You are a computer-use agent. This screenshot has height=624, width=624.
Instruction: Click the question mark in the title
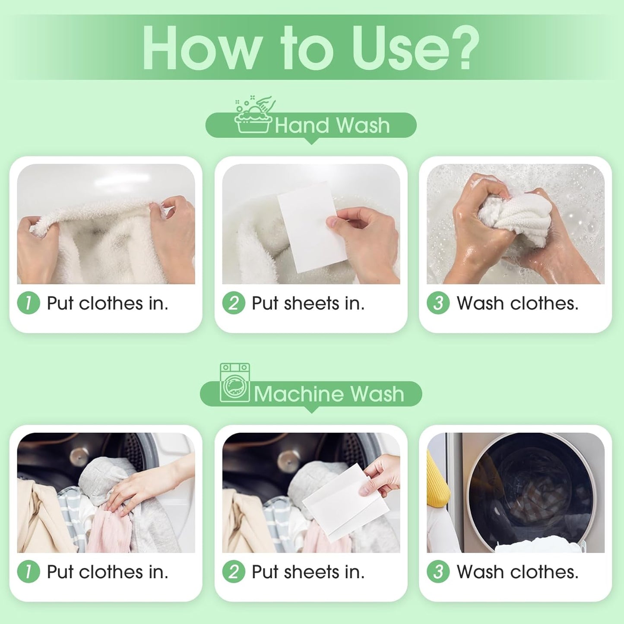coord(463,48)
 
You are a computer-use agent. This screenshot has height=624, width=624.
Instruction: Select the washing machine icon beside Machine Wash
coord(235,383)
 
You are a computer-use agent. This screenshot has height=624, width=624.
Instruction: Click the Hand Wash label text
coord(332,126)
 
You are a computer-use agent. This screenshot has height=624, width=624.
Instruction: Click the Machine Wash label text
coord(329,394)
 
